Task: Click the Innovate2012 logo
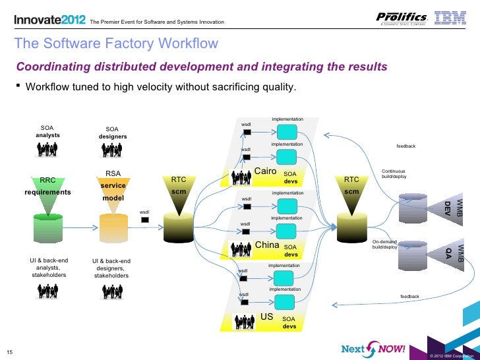pyautogui.click(x=50, y=20)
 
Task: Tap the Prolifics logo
pyautogui.click(x=402, y=18)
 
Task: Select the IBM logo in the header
pyautogui.click(x=453, y=18)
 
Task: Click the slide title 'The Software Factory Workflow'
pyautogui.click(x=116, y=44)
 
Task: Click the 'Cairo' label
pyautogui.click(x=265, y=172)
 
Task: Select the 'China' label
pyautogui.click(x=267, y=245)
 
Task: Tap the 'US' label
pyautogui.click(x=267, y=317)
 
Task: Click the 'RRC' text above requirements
pyautogui.click(x=47, y=179)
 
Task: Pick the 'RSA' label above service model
pyautogui.click(x=113, y=174)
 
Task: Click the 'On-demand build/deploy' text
pyautogui.click(x=385, y=245)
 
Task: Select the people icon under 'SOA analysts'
pyautogui.click(x=47, y=150)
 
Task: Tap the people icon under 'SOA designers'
pyautogui.click(x=113, y=150)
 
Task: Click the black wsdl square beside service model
pyautogui.click(x=144, y=220)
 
